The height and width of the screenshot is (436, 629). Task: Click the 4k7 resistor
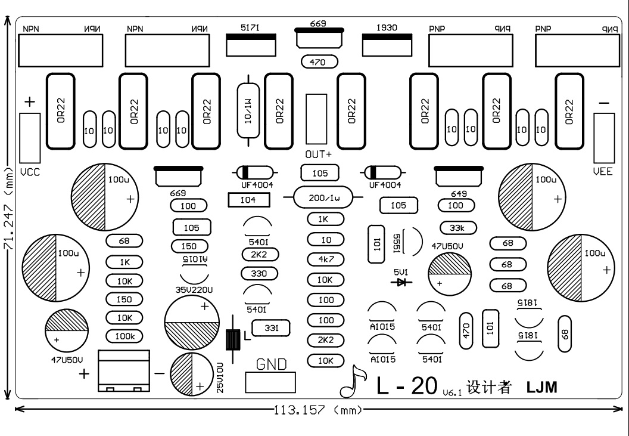click(326, 259)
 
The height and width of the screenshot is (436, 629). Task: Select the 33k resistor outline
click(458, 228)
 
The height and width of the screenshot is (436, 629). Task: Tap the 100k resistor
click(124, 336)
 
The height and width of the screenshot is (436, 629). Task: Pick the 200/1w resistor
click(323, 197)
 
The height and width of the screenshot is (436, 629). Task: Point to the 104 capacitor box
click(249, 200)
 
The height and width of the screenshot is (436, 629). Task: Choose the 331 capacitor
click(271, 328)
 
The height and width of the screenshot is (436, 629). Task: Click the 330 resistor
click(260, 274)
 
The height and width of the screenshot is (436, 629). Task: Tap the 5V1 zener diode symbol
click(401, 282)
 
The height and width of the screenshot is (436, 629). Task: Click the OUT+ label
click(319, 154)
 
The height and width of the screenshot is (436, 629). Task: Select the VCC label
click(30, 172)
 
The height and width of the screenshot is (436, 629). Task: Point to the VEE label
click(603, 172)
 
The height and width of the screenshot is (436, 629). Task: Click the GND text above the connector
click(271, 364)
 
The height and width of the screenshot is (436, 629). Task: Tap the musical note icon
click(353, 381)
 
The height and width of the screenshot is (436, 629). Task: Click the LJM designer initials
click(541, 387)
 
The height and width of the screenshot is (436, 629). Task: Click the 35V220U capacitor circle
click(192, 322)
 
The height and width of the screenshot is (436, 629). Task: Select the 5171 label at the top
click(250, 27)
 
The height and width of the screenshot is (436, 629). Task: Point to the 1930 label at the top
click(387, 27)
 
